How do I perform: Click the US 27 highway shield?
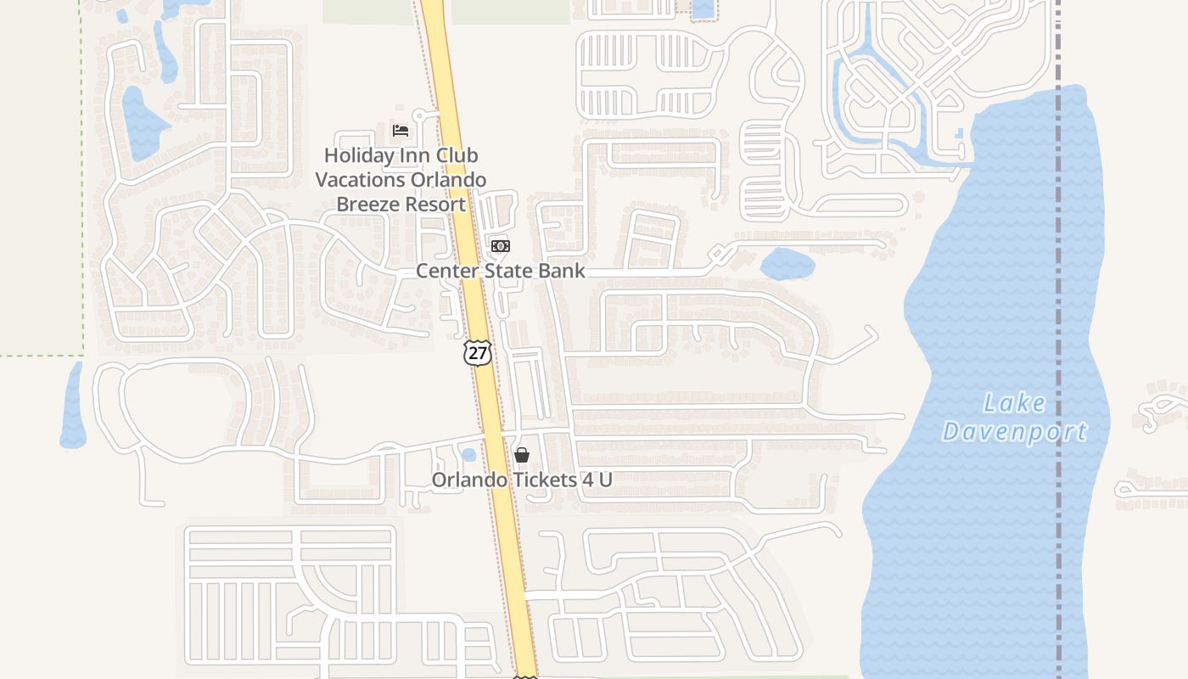coord(478,353)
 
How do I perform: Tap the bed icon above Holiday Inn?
coord(401,131)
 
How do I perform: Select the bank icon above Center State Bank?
coord(500,246)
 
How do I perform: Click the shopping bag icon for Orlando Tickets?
coord(522,456)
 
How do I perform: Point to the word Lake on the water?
coord(1015,403)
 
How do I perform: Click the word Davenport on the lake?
coord(1015,432)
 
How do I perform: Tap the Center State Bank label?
coord(500,271)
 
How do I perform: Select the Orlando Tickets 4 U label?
coord(521,480)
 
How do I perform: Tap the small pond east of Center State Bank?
coord(787,264)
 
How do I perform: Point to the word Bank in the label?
coord(563,271)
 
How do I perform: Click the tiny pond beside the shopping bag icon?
coord(468,455)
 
